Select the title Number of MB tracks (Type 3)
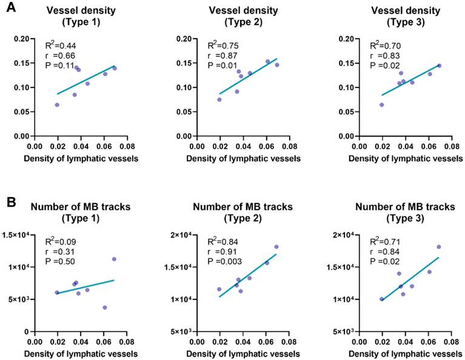pyautogui.click(x=404, y=213)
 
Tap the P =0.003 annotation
pyautogui.click(x=226, y=261)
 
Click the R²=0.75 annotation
pyautogui.click(x=222, y=45)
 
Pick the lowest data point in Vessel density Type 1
pyautogui.click(x=57, y=105)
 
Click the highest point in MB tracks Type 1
pyautogui.click(x=114, y=259)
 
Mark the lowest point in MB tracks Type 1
pyautogui.click(x=105, y=307)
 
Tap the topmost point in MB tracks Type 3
pyautogui.click(x=439, y=247)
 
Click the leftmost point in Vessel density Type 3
pyautogui.click(x=382, y=105)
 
